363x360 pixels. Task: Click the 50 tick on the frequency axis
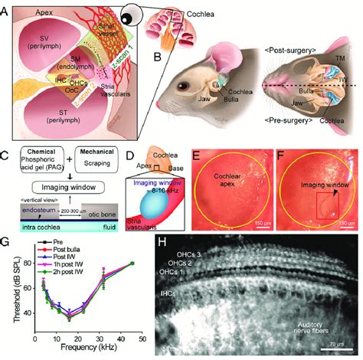(142, 339)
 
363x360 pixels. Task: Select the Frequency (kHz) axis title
(88, 350)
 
